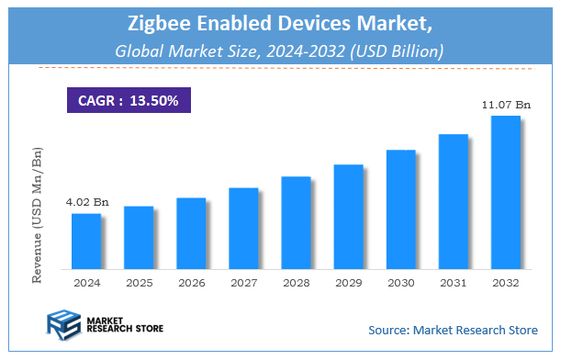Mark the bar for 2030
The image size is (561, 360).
pyautogui.click(x=400, y=209)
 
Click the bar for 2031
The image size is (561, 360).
pyautogui.click(x=454, y=202)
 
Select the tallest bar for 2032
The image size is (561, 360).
pyautogui.click(x=506, y=193)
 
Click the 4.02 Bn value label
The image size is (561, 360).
pyautogui.click(x=85, y=202)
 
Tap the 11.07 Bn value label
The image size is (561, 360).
pyautogui.click(x=506, y=106)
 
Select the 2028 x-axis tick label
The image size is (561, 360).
pyautogui.click(x=296, y=283)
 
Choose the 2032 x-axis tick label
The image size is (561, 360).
pyautogui.click(x=506, y=283)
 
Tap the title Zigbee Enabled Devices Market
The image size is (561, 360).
pyautogui.click(x=280, y=22)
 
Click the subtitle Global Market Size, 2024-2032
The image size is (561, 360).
pyautogui.click(x=280, y=51)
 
